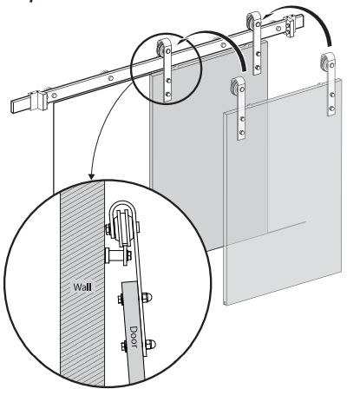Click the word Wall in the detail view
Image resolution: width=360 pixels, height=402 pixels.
click(x=82, y=287)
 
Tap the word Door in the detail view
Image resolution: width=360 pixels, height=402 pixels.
click(x=134, y=336)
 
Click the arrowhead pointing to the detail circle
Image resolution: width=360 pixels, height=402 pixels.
click(x=91, y=176)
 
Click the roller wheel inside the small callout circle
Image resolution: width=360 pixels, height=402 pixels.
click(x=160, y=49)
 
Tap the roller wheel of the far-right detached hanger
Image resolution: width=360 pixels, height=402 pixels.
click(x=324, y=63)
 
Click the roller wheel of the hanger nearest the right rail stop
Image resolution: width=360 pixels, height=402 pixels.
click(x=251, y=21)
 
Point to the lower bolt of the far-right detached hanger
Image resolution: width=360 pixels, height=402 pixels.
click(x=331, y=109)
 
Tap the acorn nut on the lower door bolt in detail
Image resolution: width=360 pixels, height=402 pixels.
click(x=150, y=344)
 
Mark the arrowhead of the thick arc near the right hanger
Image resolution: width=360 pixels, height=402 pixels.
click(x=269, y=13)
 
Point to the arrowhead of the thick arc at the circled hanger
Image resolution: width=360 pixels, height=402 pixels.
click(x=181, y=41)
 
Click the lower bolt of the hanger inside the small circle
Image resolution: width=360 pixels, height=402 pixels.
click(x=167, y=94)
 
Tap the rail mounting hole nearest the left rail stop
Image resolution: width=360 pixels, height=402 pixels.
click(x=54, y=96)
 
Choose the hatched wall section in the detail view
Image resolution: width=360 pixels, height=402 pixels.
click(x=82, y=283)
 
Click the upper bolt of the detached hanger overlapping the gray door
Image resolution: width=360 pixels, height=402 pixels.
click(x=242, y=119)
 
